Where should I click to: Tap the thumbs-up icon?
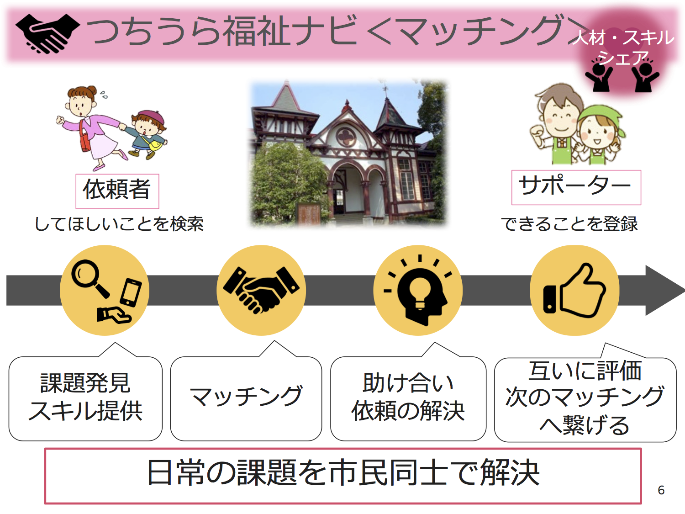coord(574,290)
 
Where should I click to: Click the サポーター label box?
coord(576,187)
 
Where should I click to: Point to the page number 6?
coord(661,490)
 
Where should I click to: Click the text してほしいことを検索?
coord(119,224)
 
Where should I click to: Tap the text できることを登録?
coord(569,224)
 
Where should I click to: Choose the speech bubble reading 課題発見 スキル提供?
coord(85,398)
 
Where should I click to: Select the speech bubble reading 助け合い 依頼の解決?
coord(408,398)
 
